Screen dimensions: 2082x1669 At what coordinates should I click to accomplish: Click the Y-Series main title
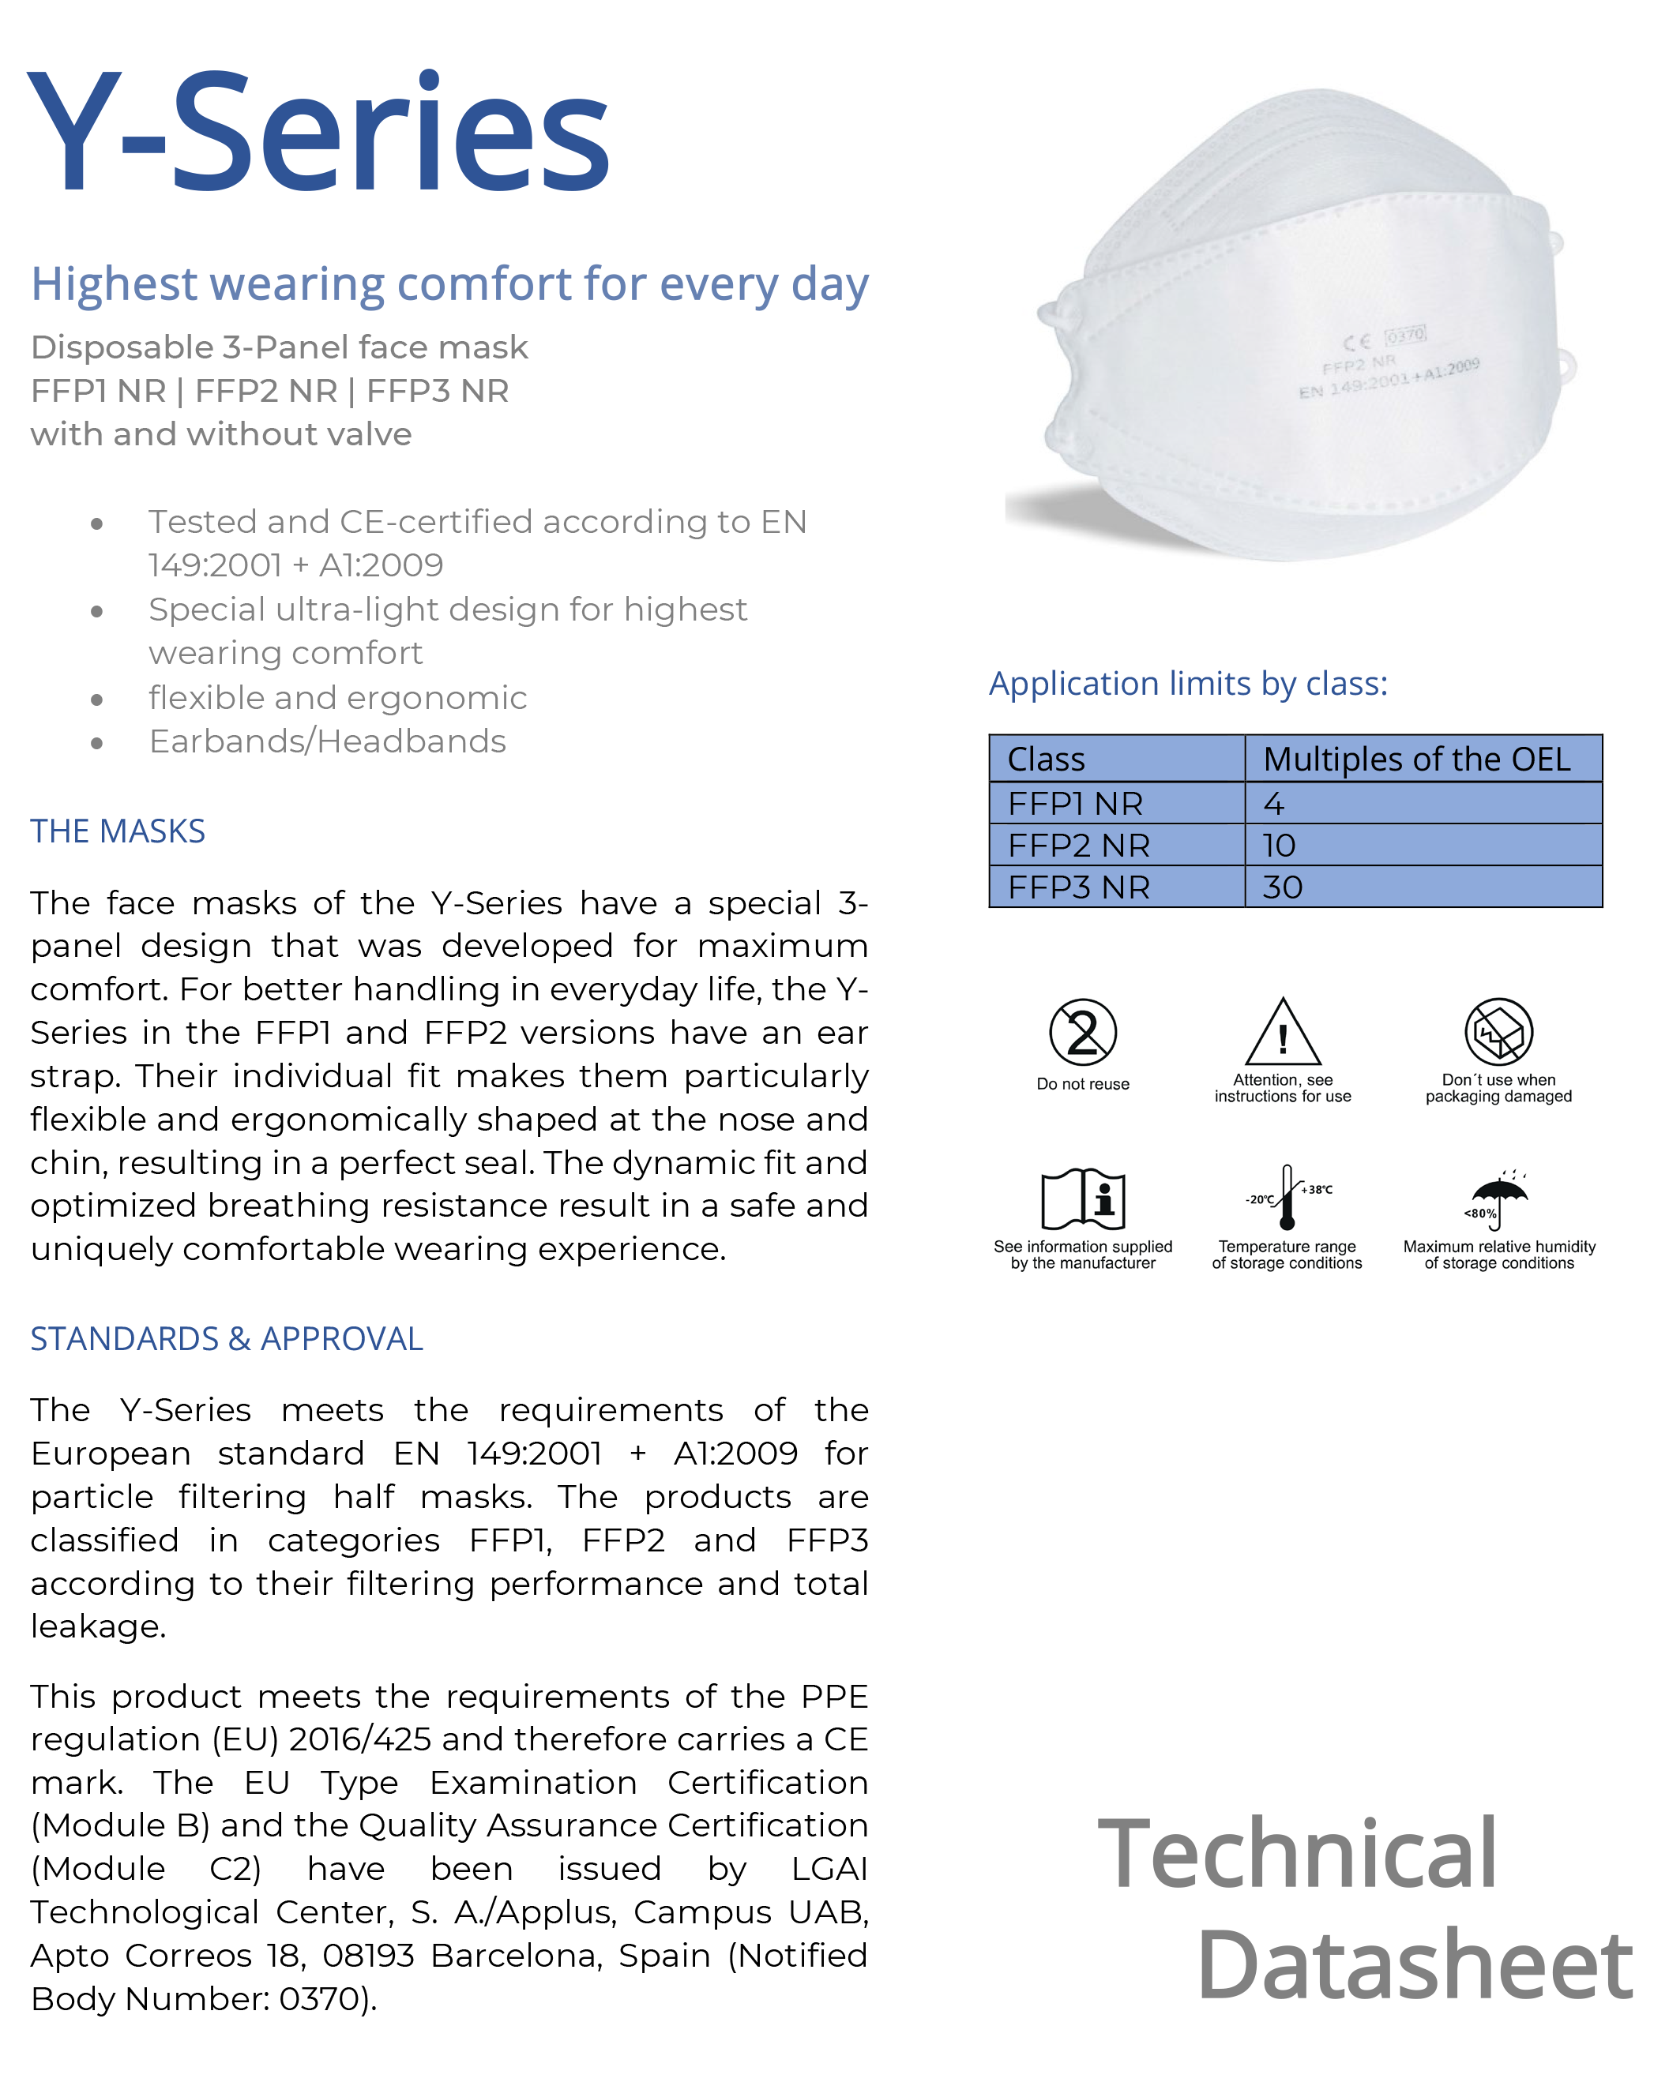point(319,133)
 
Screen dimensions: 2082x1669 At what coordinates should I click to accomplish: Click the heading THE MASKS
point(118,831)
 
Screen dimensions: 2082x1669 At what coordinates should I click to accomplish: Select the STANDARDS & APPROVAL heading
point(227,1338)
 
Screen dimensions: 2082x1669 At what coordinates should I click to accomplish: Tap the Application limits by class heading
point(1188,684)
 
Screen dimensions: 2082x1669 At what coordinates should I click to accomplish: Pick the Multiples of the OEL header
point(1417,759)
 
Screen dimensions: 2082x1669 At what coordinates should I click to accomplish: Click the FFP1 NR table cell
point(1075,804)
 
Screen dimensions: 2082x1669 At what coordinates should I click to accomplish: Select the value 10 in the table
point(1279,846)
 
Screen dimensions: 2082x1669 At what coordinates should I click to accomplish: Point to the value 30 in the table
point(1283,887)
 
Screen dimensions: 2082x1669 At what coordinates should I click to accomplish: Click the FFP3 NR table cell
point(1079,887)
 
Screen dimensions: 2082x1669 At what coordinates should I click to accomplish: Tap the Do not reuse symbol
point(1083,1032)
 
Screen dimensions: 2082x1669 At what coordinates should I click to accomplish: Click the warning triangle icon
point(1283,1032)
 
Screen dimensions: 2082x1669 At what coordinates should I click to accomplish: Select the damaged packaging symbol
point(1498,1031)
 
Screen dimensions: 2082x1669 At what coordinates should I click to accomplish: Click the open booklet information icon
point(1083,1199)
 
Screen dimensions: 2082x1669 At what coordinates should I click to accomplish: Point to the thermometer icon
point(1287,1198)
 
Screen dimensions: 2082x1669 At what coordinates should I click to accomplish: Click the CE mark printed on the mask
point(1357,342)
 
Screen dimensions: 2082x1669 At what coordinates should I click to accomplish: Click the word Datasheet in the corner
point(1415,1964)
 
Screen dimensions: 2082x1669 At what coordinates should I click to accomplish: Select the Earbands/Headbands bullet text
point(328,741)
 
